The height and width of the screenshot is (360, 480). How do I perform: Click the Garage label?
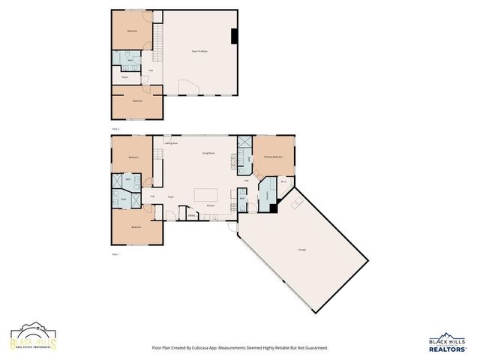302,248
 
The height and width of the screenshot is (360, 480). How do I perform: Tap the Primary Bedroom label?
273,157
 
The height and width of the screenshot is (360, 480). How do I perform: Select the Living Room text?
208,153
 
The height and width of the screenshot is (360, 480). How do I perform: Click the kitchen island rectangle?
207,195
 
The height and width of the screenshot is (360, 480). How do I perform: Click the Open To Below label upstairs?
199,51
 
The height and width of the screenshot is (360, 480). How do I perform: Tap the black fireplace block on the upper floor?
234,35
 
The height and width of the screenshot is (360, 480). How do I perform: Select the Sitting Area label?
171,142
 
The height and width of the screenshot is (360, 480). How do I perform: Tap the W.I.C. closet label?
283,181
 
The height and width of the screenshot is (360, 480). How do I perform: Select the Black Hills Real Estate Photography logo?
33,338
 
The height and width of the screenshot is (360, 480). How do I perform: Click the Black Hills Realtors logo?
448,343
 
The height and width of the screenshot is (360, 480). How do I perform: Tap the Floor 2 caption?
115,129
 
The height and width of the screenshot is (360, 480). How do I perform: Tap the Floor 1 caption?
115,254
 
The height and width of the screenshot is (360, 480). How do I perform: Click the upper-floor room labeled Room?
125,76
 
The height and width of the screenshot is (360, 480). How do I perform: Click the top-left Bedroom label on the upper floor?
132,31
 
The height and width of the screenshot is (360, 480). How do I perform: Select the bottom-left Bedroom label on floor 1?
136,226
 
